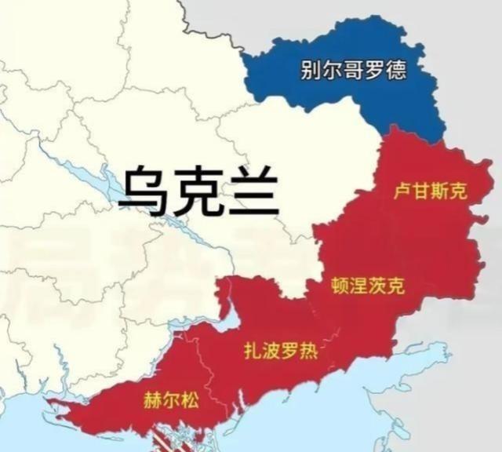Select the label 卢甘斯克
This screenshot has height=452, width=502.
click(x=429, y=191)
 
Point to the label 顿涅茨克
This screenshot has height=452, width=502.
click(x=368, y=286)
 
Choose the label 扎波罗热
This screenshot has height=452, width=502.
click(x=280, y=351)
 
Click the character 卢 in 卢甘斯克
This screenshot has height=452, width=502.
click(x=401, y=191)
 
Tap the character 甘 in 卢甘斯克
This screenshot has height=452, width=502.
click(x=420, y=191)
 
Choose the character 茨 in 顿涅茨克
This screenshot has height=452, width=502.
click(x=377, y=286)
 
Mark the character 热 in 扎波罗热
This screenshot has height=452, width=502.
click(x=308, y=351)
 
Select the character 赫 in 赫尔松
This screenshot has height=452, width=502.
click(x=152, y=400)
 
